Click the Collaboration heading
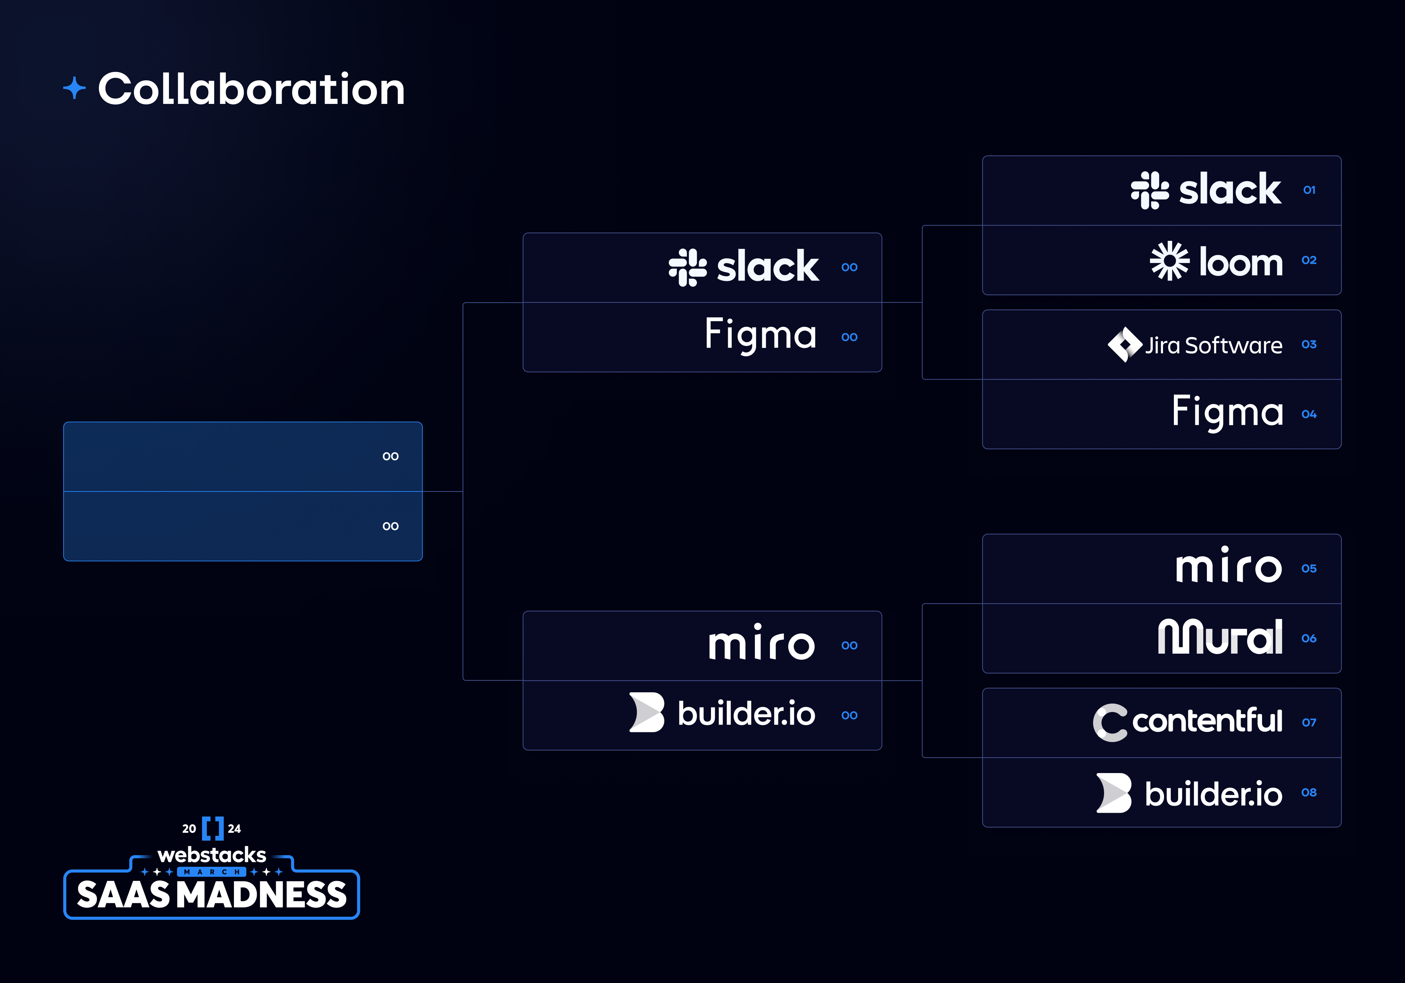pos(251,89)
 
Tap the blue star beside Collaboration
pos(74,88)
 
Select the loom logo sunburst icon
pos(1169,261)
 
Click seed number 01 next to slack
pos(1309,190)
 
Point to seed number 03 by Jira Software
pos(1309,344)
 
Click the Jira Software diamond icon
pos(1124,344)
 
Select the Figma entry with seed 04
pos(1227,412)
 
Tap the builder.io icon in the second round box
pos(647,713)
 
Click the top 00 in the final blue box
pos(390,456)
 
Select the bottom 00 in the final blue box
pos(390,526)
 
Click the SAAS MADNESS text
pos(212,895)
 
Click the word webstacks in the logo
pos(212,855)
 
